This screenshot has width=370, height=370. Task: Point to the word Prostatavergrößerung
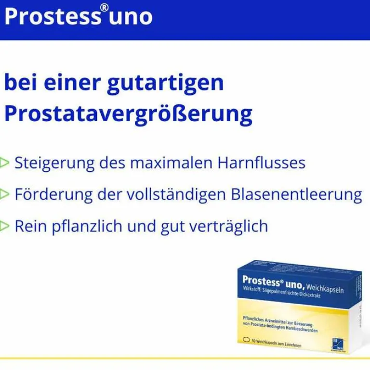click(x=128, y=115)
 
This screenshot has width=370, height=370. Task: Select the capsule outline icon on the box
click(x=248, y=340)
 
